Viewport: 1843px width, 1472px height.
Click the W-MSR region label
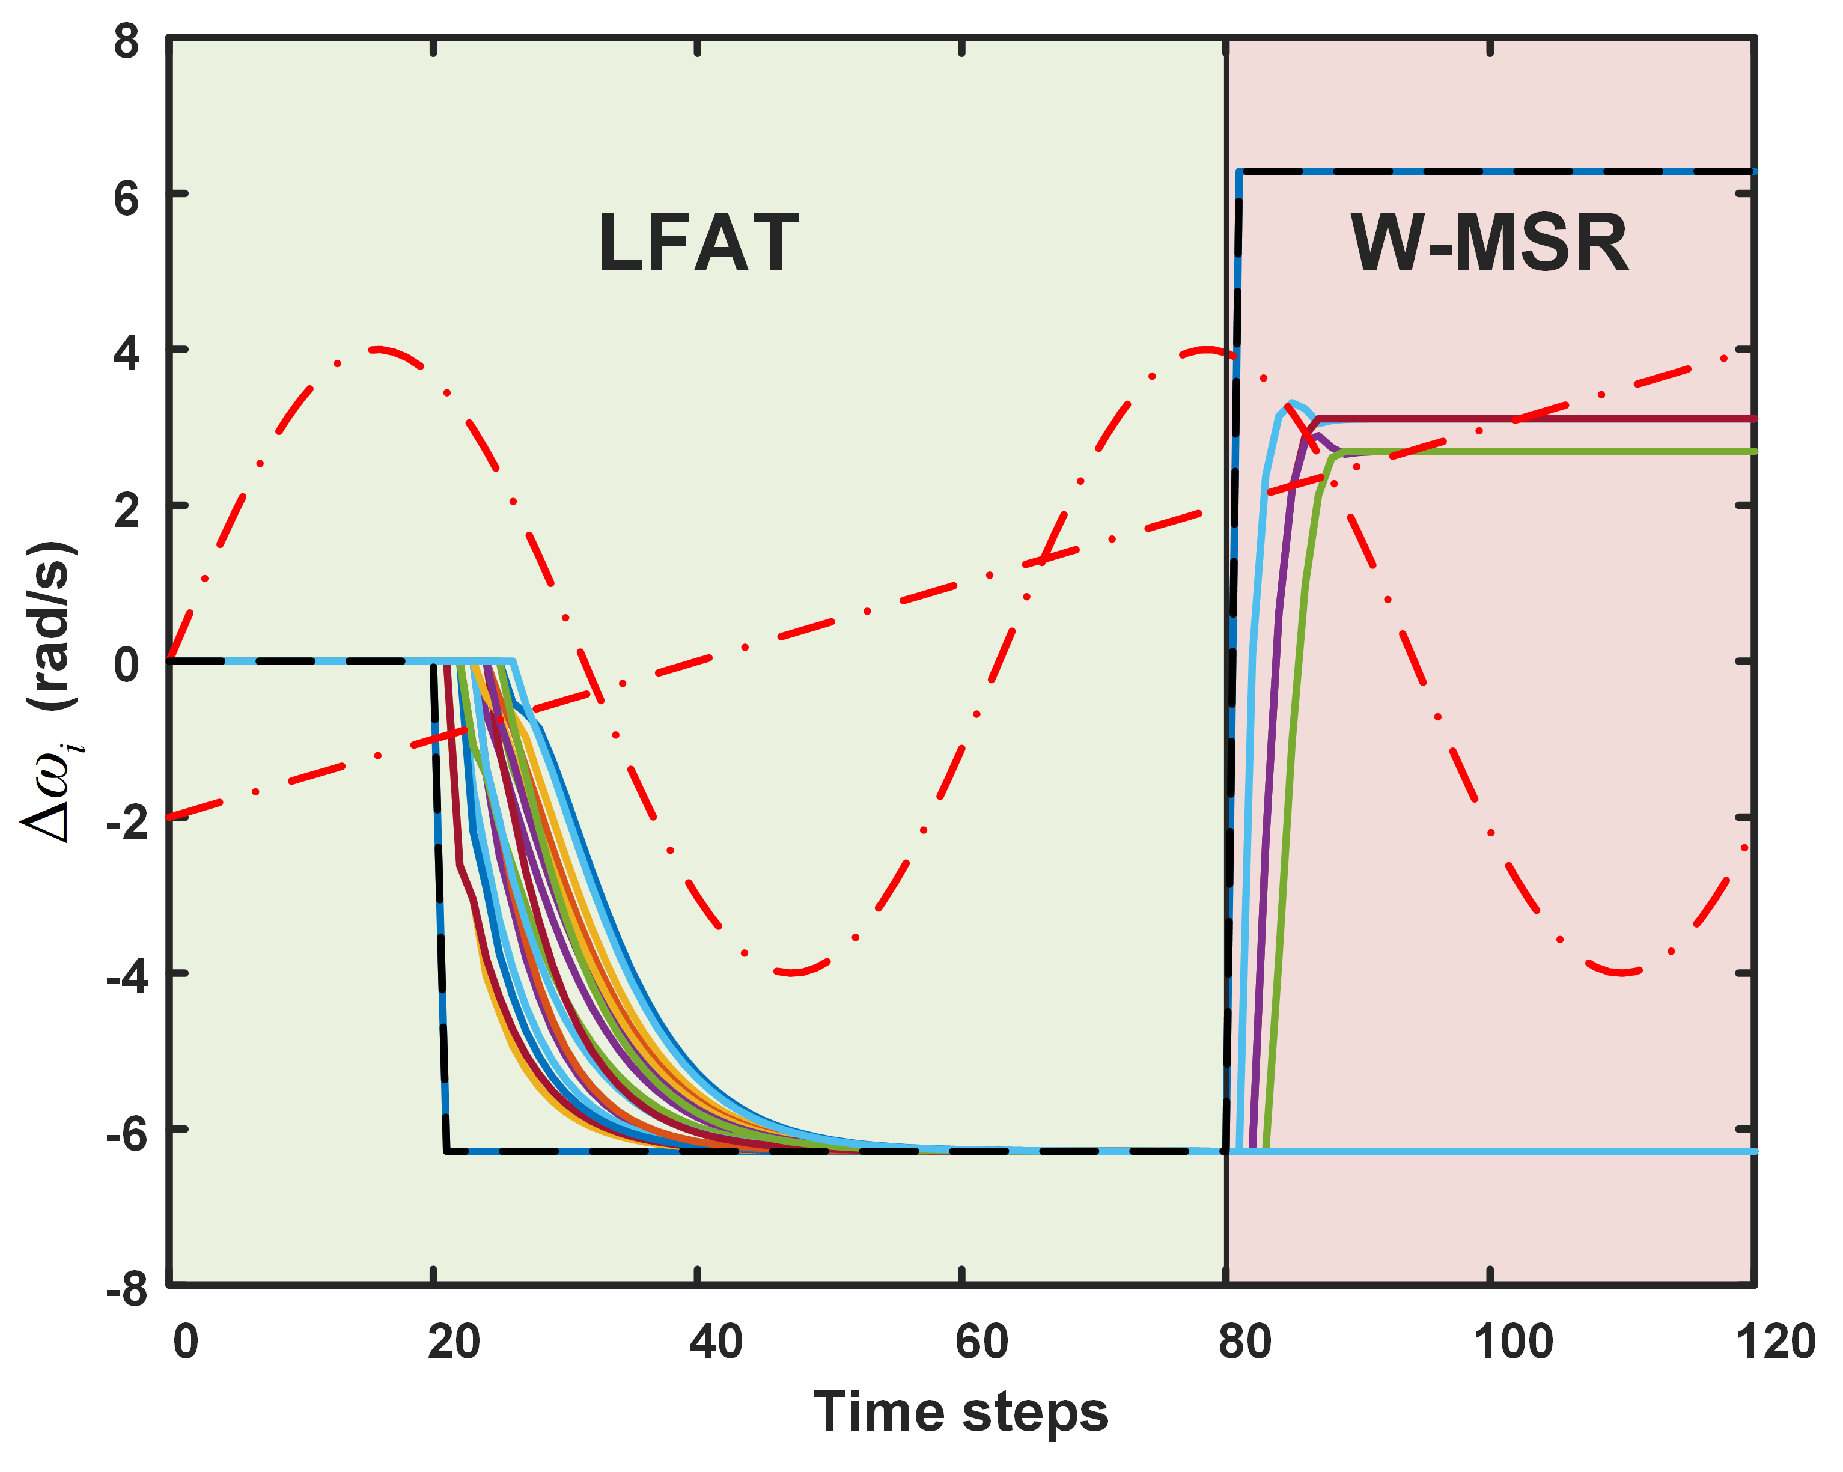coord(1489,243)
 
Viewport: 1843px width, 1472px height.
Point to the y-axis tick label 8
coord(127,40)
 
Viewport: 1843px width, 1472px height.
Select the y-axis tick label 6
coord(127,198)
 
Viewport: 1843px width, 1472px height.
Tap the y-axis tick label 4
coord(127,353)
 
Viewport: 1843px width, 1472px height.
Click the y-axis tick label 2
coord(127,509)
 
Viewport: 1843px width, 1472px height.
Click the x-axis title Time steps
coord(961,1411)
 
